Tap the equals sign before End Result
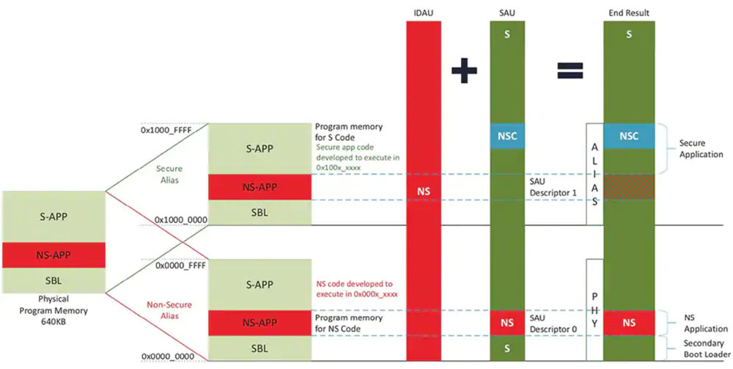tap(570, 70)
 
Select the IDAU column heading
tap(424, 13)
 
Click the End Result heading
tap(628, 13)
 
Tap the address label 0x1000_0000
tap(180, 219)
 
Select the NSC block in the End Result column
tap(628, 136)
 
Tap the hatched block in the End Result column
tap(628, 187)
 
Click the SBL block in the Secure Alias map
tap(259, 212)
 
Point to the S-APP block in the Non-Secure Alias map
tap(259, 285)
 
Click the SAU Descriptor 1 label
tap(548, 185)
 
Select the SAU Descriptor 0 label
tap(548, 323)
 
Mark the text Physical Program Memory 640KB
tap(53, 310)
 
